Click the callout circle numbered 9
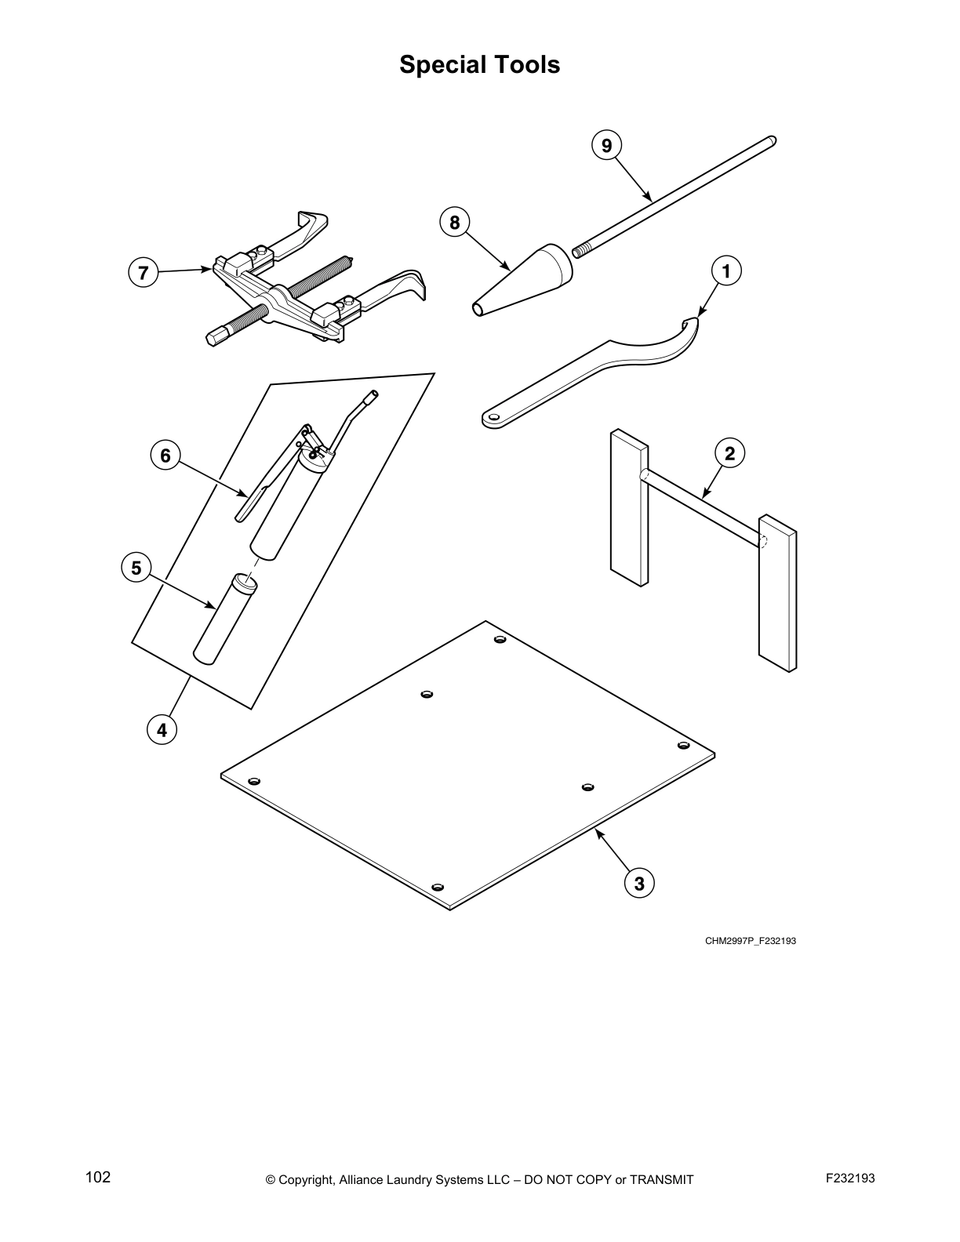[606, 145]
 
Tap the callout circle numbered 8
[454, 223]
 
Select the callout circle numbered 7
[143, 274]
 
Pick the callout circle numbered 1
[726, 271]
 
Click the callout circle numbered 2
[729, 453]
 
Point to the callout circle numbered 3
[639, 884]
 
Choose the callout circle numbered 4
[162, 730]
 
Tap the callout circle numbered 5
[136, 568]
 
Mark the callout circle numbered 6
[165, 456]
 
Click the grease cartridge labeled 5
[225, 619]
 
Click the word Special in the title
[438, 64]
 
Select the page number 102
[98, 1178]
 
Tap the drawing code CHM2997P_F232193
[750, 941]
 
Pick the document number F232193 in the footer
[850, 1178]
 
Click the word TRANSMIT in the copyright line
[657, 1179]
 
